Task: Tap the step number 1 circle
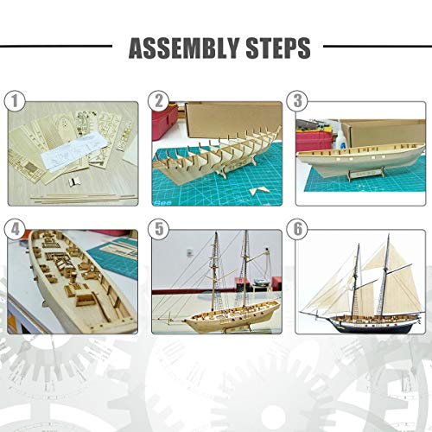point(14,101)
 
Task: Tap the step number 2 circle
point(158,101)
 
